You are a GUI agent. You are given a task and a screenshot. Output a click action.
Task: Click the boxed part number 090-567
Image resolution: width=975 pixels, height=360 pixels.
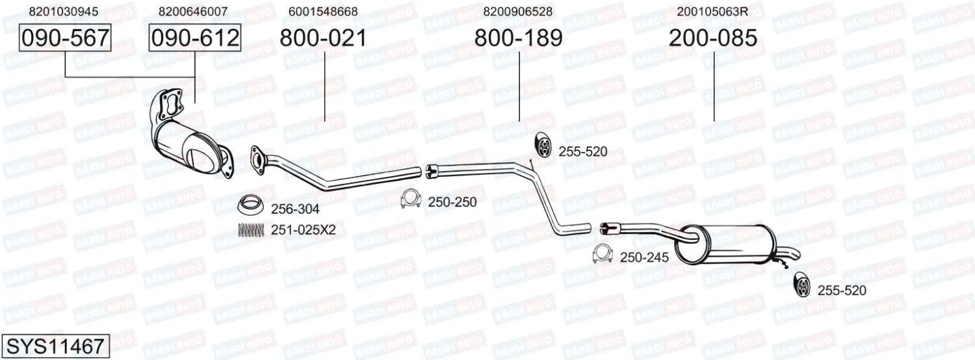(65, 38)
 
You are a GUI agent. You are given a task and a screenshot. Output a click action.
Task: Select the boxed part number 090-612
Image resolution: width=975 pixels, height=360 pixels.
(195, 38)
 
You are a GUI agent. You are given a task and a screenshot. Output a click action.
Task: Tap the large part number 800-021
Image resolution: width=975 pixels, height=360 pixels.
(324, 38)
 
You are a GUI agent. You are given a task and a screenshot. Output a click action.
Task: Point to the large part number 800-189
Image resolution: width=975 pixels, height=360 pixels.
(519, 38)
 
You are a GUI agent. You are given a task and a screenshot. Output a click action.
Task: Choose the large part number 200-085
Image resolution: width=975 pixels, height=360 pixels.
(713, 38)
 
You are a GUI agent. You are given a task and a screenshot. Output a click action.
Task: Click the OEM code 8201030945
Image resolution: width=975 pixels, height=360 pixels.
(64, 11)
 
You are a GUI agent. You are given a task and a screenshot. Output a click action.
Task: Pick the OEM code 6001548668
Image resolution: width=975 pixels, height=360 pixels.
(323, 11)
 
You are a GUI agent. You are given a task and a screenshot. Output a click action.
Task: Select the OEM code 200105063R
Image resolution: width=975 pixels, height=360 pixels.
(712, 11)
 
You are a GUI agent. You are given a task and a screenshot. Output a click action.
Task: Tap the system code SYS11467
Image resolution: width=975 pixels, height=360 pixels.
(55, 346)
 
